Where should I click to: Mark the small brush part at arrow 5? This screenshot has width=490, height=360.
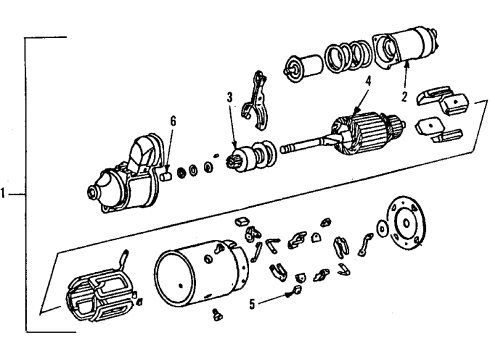295,292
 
